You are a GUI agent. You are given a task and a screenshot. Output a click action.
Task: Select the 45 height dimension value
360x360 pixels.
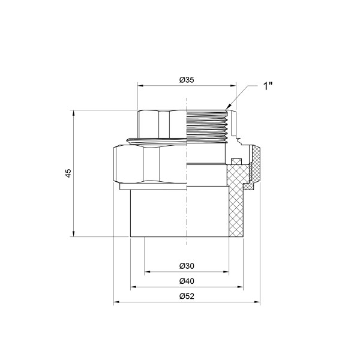click(x=68, y=173)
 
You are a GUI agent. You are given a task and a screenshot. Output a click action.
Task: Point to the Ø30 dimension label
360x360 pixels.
click(x=186, y=266)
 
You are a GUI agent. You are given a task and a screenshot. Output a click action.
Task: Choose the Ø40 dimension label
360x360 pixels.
click(x=186, y=281)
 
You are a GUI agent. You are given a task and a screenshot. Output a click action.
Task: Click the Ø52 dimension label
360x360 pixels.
click(x=186, y=296)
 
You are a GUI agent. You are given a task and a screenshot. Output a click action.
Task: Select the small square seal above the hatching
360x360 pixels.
click(x=236, y=160)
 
